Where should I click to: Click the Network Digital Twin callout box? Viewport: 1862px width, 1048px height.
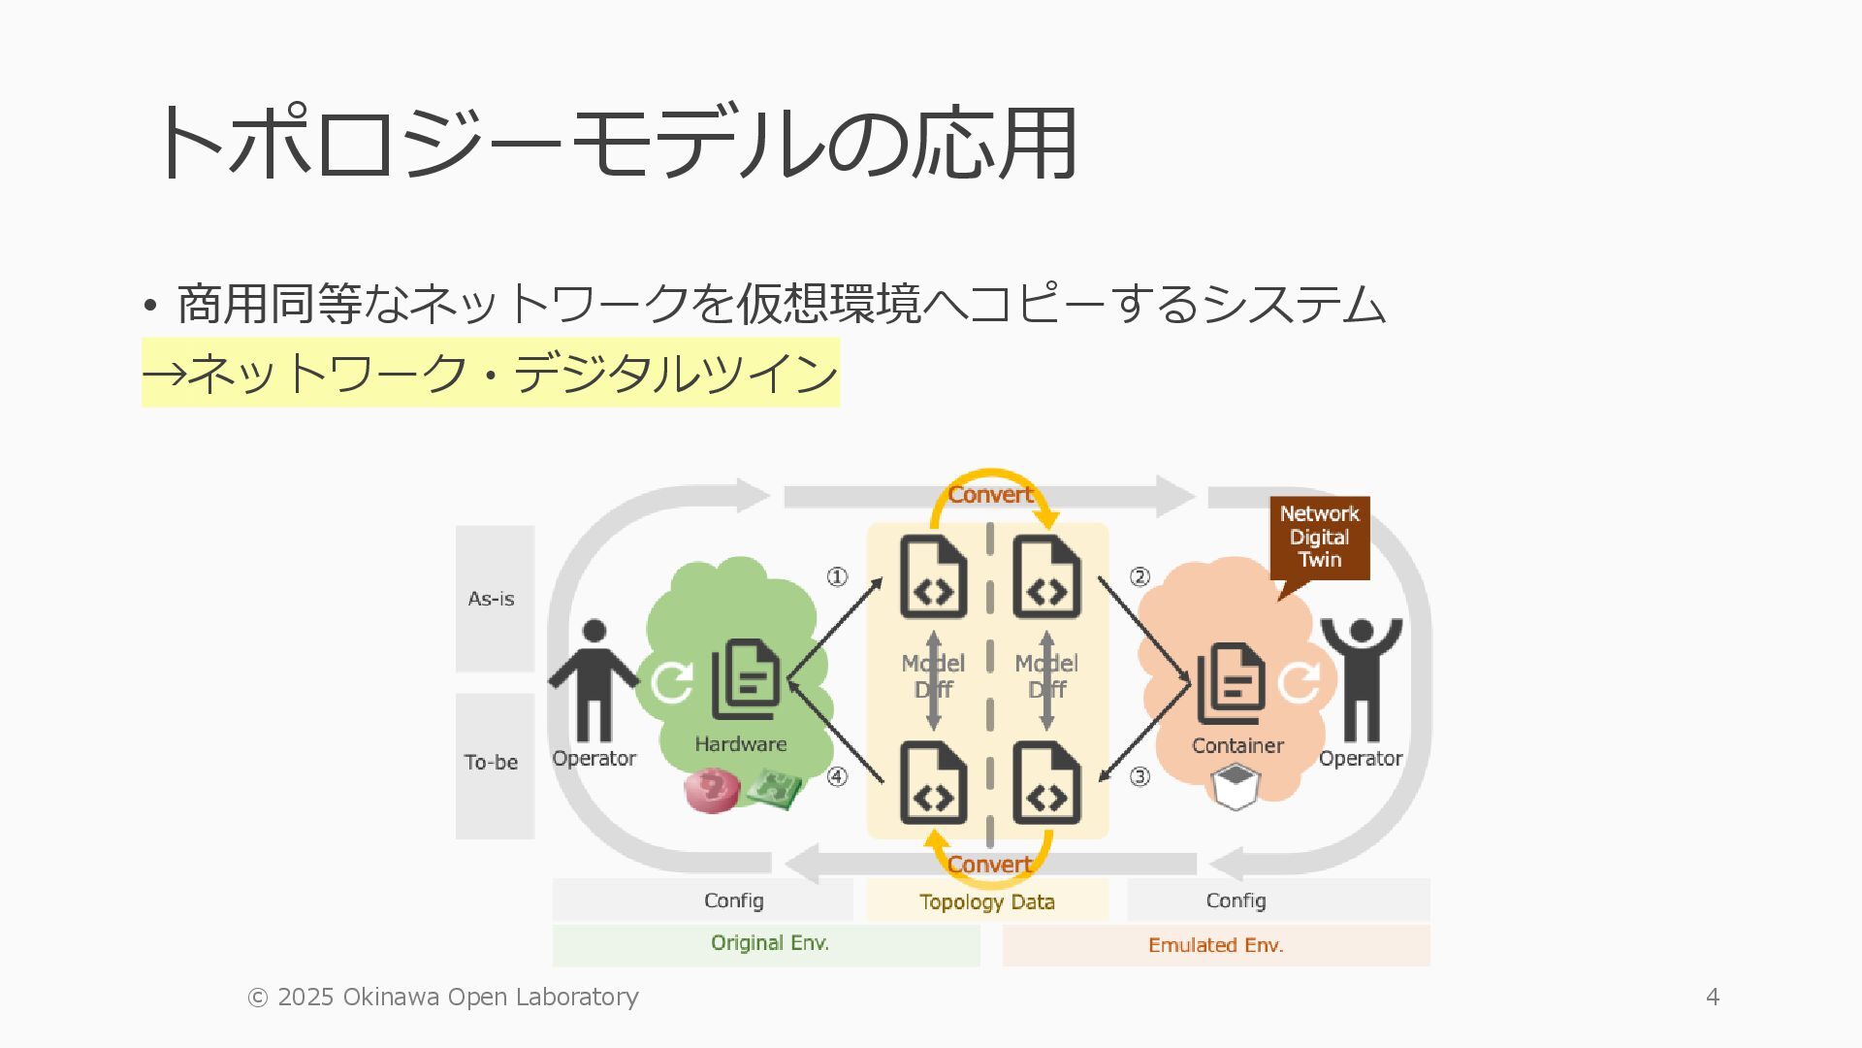[1319, 538]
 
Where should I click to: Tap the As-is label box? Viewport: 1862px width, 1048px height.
[494, 599]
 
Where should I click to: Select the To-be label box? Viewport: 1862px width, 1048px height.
[494, 764]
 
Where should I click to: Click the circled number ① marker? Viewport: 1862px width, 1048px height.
[837, 577]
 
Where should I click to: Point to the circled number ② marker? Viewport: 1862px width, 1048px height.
[1140, 577]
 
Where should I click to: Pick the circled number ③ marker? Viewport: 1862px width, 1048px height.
[1140, 776]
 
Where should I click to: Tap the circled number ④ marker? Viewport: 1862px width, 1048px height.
[837, 776]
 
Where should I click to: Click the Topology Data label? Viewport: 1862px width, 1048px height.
[987, 901]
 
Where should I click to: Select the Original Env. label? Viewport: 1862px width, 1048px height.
[769, 943]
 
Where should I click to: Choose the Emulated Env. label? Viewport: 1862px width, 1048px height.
[1215, 945]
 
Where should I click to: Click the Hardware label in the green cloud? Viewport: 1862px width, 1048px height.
[740, 744]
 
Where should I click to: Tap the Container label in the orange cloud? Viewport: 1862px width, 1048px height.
[1237, 745]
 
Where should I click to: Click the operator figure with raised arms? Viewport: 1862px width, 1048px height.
[1361, 679]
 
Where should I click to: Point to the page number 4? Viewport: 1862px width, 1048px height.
[1713, 997]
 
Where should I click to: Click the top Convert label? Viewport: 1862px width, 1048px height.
[990, 495]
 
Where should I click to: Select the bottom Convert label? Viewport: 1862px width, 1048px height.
[990, 864]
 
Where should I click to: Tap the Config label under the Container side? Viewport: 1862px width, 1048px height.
[1236, 901]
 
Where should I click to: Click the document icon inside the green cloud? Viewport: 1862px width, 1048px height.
[746, 679]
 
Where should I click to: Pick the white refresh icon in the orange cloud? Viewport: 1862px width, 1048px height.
[1299, 681]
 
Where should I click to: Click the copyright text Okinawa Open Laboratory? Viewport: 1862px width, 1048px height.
[443, 997]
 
